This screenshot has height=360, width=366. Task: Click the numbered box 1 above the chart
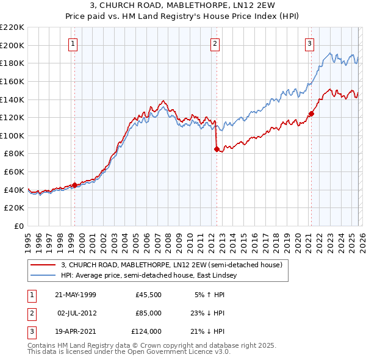click(x=73, y=43)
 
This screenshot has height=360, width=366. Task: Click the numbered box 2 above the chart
click(x=215, y=43)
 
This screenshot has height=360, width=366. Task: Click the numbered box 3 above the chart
click(x=310, y=43)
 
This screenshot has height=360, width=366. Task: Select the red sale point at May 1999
click(x=74, y=185)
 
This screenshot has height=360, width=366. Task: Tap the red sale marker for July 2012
click(x=216, y=148)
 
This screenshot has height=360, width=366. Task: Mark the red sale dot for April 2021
click(x=310, y=113)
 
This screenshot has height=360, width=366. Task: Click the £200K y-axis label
click(x=12, y=45)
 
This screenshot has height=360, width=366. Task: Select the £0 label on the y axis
click(x=18, y=226)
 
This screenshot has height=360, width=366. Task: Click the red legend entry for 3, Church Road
click(x=171, y=265)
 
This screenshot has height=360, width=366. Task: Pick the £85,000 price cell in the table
click(x=148, y=313)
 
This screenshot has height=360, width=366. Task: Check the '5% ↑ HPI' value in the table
click(x=209, y=295)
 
